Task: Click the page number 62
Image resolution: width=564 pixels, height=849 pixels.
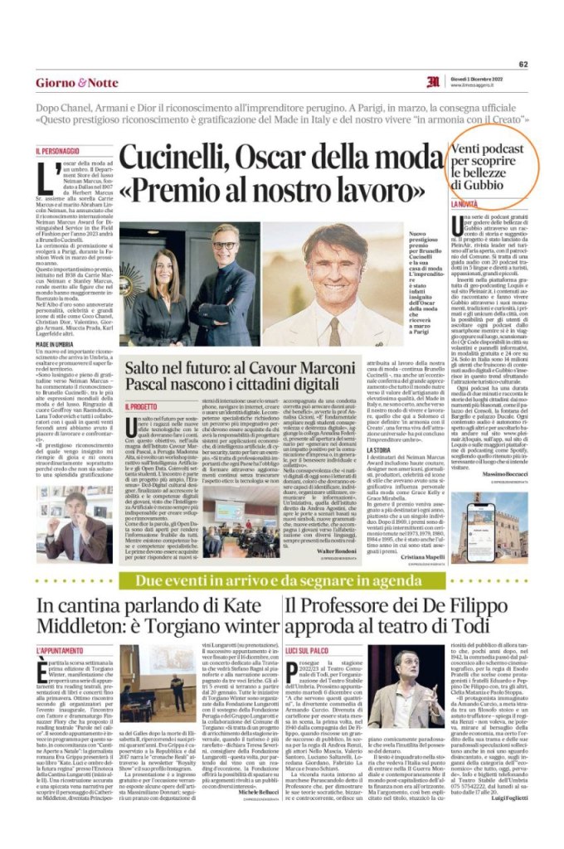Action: tap(523, 64)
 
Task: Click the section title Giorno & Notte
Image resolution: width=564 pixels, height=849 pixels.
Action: tap(76, 83)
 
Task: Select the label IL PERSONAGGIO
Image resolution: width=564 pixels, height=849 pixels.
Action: tap(58, 151)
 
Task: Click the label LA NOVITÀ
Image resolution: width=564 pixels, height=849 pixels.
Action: tap(487, 203)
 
